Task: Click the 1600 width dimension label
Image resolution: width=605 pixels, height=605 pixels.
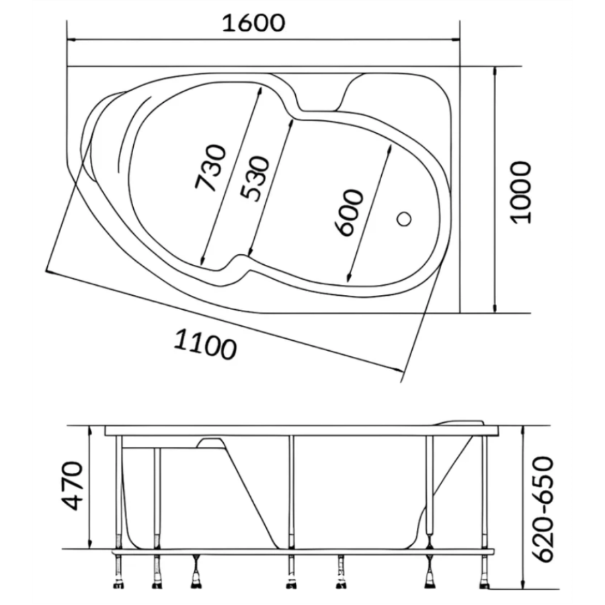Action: pos(253,23)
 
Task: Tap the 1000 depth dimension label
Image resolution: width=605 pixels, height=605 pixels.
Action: pos(520,192)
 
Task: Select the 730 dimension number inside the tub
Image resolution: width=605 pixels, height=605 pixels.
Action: pos(210,168)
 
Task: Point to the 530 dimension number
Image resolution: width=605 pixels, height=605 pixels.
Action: pos(253,179)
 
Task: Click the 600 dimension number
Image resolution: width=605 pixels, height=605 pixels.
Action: pos(349,212)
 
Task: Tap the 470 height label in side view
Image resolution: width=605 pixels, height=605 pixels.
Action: pos(72,486)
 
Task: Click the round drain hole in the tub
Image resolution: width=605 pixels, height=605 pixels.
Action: pos(404,218)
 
